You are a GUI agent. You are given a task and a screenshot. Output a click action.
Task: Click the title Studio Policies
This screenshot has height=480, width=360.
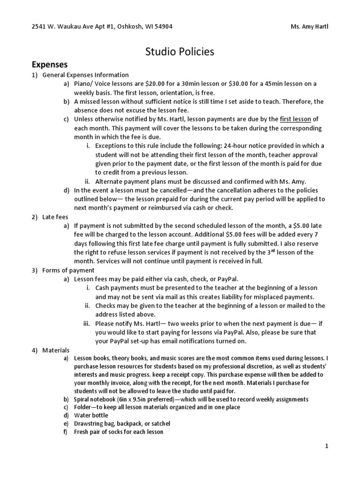point(180,52)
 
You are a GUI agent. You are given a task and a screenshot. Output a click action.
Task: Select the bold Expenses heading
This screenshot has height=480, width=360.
point(50,64)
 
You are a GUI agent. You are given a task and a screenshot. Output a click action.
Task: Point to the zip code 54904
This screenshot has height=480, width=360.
point(162,27)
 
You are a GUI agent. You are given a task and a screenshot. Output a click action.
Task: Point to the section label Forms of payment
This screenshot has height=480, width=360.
point(68,270)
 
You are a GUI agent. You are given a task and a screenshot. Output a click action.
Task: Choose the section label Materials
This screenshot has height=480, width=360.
point(56,350)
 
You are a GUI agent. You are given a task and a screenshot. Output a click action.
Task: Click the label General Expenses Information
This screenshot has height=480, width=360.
point(86,75)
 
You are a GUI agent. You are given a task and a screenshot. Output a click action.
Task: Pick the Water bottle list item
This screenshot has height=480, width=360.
point(91,415)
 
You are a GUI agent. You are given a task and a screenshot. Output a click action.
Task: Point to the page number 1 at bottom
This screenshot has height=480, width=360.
point(327,446)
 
